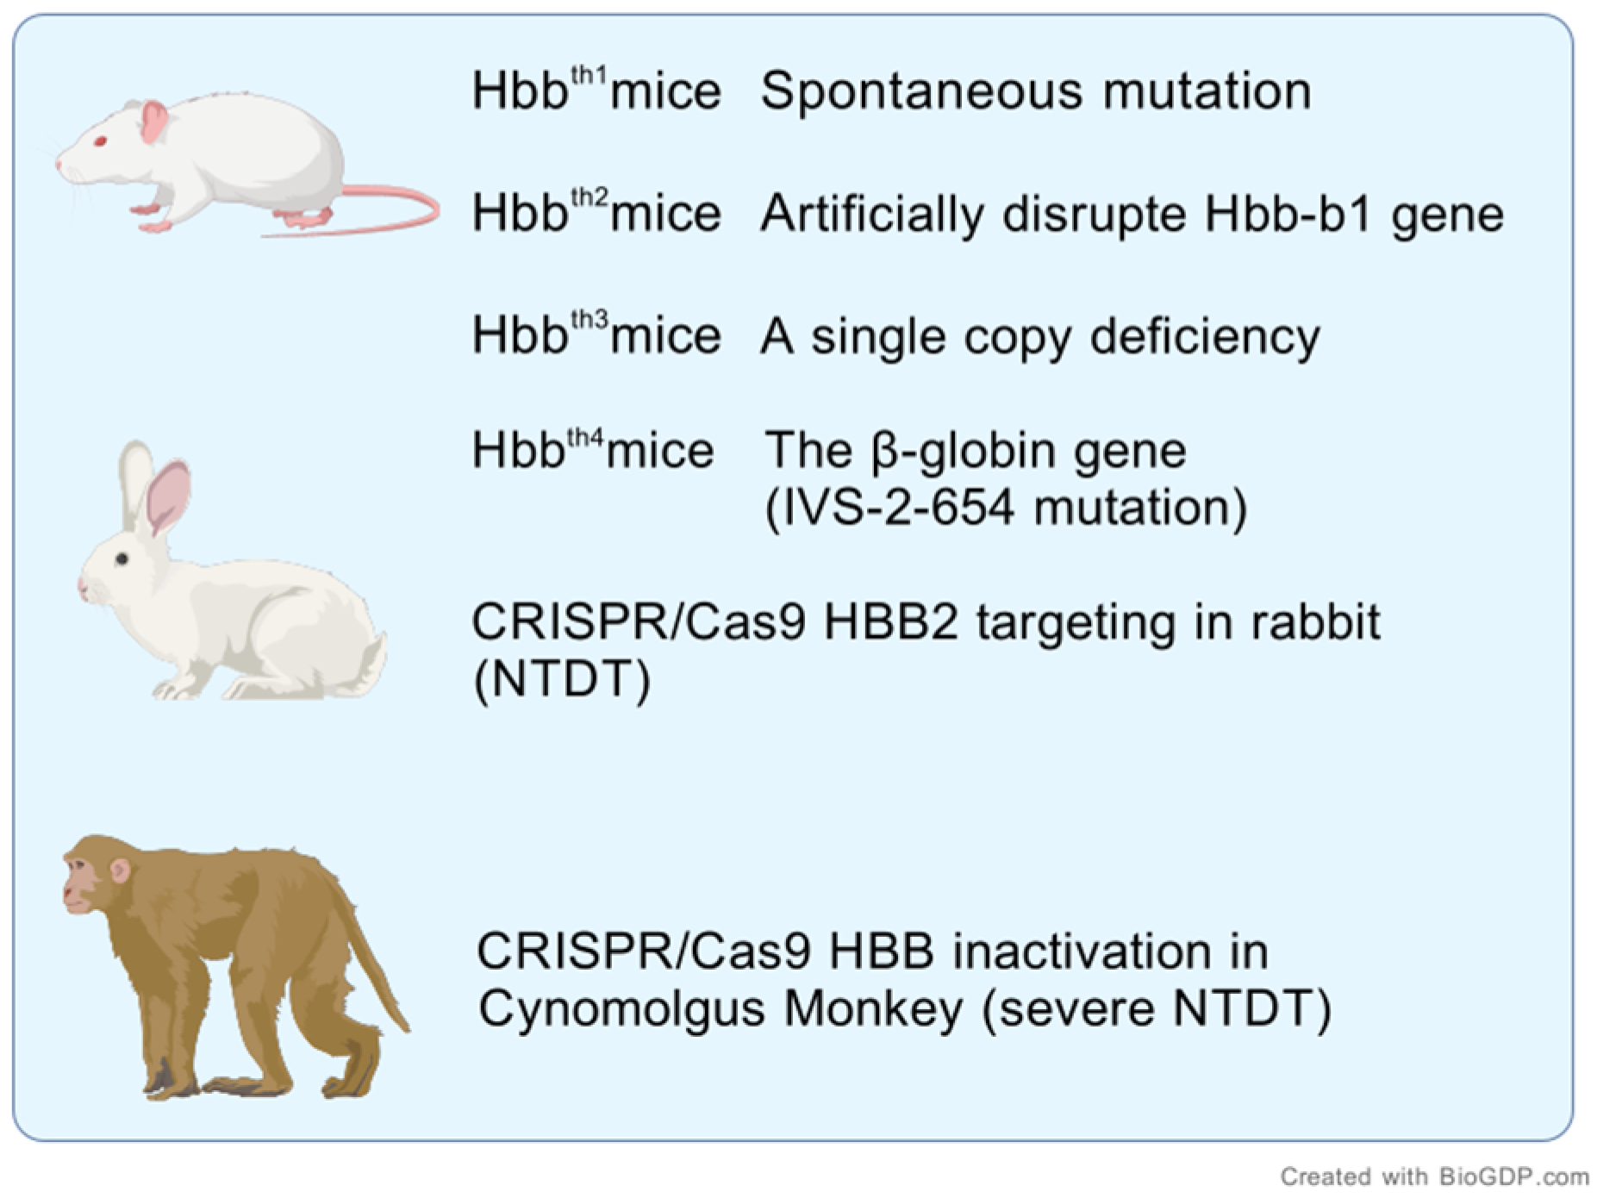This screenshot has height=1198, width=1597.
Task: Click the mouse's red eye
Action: click(100, 140)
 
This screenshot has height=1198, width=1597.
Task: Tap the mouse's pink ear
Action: click(154, 122)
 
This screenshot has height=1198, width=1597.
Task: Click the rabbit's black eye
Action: click(122, 559)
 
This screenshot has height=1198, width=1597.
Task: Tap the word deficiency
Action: click(1204, 336)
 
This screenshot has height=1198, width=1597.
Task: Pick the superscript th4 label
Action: click(586, 435)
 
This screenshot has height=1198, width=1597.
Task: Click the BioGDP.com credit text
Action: click(1434, 1176)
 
